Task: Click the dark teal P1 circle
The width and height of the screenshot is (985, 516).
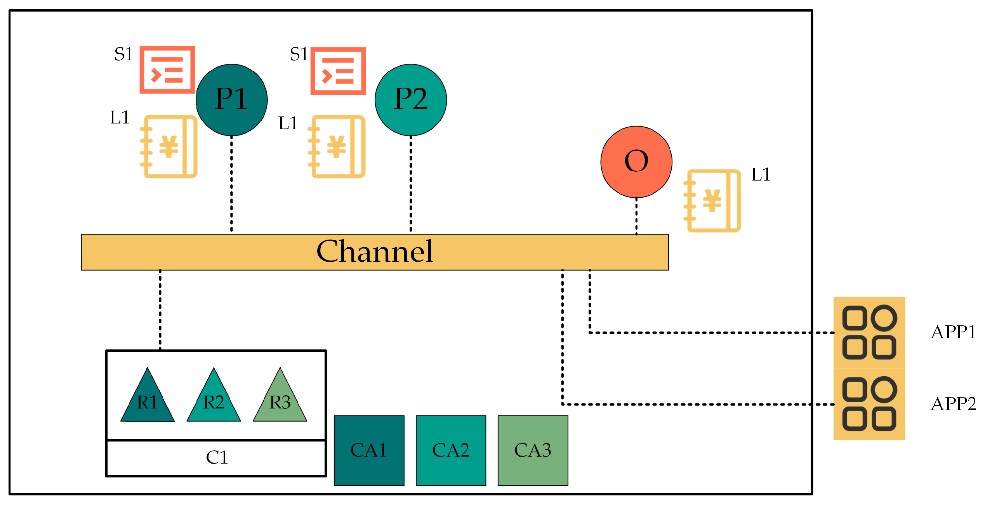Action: coord(231,100)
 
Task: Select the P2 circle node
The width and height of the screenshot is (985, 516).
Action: coord(410,100)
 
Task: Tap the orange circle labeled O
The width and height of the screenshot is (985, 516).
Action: coord(636,162)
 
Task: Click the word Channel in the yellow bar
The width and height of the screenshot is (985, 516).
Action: coord(375,252)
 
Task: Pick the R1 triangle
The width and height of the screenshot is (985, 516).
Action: coord(147,400)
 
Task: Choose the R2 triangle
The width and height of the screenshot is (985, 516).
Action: coord(214,400)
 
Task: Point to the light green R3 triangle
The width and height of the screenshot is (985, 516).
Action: coord(280,400)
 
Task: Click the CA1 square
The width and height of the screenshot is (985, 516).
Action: coord(369,450)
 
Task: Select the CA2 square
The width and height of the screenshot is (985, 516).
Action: coord(451,450)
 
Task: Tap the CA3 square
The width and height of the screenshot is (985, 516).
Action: coord(533,450)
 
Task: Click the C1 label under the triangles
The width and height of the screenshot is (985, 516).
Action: coord(217,457)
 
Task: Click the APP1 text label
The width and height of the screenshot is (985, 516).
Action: coord(953,332)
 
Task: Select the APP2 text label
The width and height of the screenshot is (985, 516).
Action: coord(953,404)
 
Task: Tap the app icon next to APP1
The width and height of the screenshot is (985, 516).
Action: coord(869,332)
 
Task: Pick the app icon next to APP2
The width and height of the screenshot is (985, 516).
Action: coord(869,404)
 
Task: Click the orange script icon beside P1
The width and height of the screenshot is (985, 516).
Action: coord(167,70)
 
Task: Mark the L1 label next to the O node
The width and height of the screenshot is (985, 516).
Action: coord(761,175)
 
